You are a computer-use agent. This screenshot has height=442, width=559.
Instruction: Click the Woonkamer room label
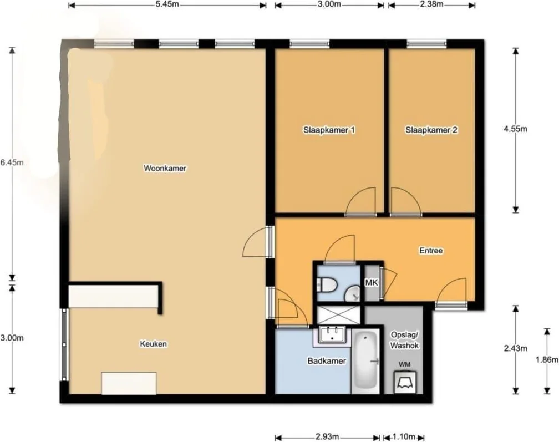coord(165,168)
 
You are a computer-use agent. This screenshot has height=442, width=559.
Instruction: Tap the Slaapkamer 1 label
coord(329,130)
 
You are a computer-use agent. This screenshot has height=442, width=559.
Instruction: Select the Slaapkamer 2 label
coord(431,130)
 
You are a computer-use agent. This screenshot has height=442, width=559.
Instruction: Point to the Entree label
coord(431,251)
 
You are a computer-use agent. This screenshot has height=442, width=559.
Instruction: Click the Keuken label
coord(153,344)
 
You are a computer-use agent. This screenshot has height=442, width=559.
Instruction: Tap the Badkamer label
coord(327,361)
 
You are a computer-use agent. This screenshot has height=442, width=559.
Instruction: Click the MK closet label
coord(372,283)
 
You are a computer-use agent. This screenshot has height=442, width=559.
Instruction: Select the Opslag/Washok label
coord(404,340)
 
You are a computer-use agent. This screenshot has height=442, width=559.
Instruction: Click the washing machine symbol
coord(405,382)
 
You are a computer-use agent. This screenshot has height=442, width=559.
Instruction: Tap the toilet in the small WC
coord(327,285)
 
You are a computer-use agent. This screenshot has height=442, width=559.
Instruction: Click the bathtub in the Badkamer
coord(365,360)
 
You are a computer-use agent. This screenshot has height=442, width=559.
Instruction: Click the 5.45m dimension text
coord(167,4)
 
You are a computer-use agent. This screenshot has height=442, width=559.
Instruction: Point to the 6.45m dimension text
coord(12,162)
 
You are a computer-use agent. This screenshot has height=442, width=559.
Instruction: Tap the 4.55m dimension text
coord(515,129)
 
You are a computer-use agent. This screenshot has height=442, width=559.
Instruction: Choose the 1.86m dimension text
coord(547,360)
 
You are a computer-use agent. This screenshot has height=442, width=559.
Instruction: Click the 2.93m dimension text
coord(327,436)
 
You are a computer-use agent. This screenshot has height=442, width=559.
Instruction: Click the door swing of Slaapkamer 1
coord(361,201)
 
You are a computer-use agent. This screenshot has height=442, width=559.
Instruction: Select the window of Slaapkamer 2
coord(427,44)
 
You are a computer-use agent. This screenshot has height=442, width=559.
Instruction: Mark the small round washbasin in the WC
coord(353,294)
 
